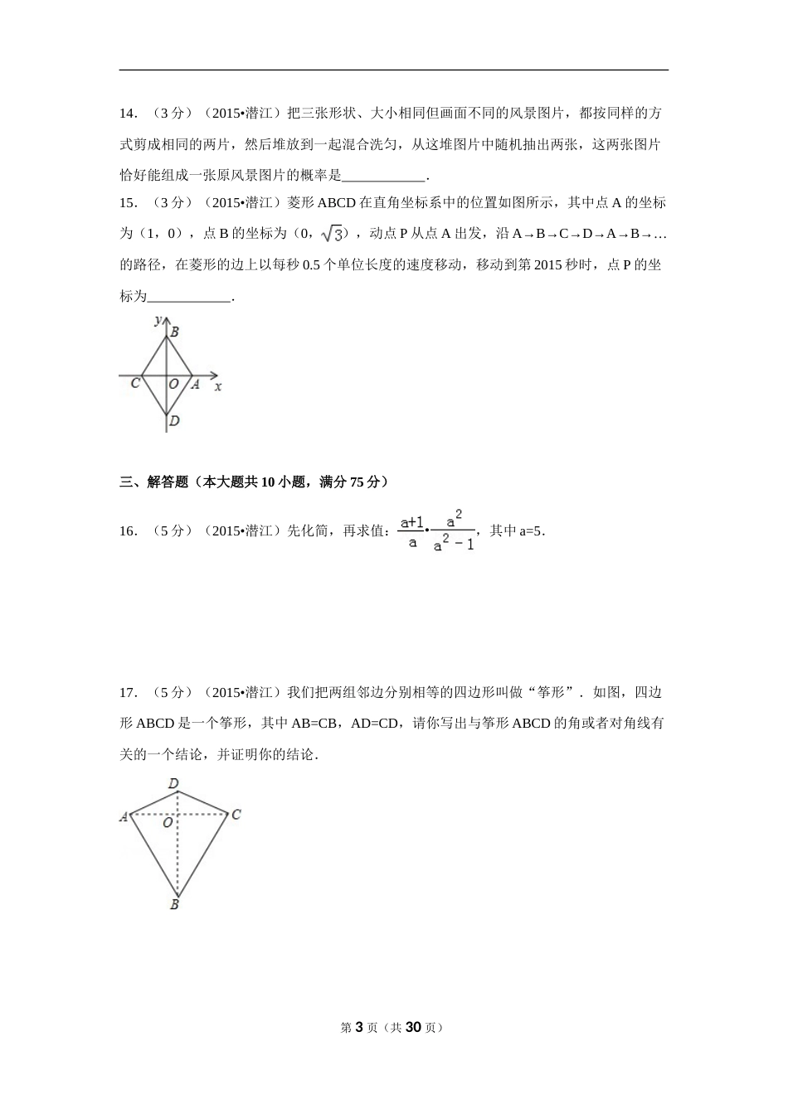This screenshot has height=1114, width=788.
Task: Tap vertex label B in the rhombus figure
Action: pos(175,332)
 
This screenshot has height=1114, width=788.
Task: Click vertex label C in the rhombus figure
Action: pos(135,383)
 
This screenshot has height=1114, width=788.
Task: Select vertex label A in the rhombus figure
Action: pos(196,384)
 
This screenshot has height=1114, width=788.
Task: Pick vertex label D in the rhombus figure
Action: pos(174,421)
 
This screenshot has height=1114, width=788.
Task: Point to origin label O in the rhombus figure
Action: pos(173,384)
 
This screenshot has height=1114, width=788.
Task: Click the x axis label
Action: pos(218,386)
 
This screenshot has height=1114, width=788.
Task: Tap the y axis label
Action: pos(158,319)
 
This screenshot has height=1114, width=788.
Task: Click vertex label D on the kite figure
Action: pos(173,783)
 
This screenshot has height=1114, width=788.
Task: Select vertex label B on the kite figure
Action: pos(174,905)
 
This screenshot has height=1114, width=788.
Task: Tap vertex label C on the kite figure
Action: pos(236,815)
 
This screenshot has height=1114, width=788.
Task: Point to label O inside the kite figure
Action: pos(168,823)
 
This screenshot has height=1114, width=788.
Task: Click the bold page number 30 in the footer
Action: pos(415,1027)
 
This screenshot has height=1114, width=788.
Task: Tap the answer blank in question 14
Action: pos(383,176)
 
